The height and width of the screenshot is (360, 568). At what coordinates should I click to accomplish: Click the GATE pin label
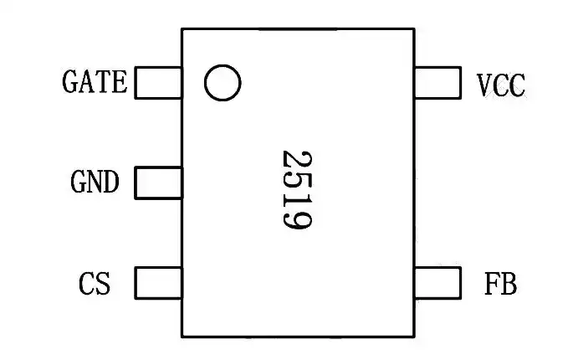pyautogui.click(x=95, y=83)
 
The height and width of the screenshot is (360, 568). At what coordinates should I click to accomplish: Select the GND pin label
pyautogui.click(x=95, y=183)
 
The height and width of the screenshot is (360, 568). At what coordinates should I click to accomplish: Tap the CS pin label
pyautogui.click(x=95, y=284)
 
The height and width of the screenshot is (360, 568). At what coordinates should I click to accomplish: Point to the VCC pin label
pyautogui.click(x=501, y=85)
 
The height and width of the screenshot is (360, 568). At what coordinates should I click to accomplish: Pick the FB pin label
pyautogui.click(x=500, y=284)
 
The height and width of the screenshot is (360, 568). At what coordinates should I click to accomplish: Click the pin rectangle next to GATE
pyautogui.click(x=159, y=83)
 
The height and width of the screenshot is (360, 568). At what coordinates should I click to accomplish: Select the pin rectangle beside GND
pyautogui.click(x=159, y=183)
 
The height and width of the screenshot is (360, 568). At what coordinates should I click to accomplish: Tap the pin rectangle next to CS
pyautogui.click(x=159, y=283)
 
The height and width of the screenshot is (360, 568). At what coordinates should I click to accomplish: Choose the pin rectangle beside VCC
pyautogui.click(x=438, y=83)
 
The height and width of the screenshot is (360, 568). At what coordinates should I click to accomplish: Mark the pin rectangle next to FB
pyautogui.click(x=438, y=283)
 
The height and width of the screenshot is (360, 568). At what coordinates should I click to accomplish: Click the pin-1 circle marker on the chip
pyautogui.click(x=223, y=83)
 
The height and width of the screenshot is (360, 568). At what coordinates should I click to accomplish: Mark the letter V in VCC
pyautogui.click(x=484, y=85)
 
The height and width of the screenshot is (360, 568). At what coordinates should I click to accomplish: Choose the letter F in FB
pyautogui.click(x=492, y=284)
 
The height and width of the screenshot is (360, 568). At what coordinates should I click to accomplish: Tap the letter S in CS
pyautogui.click(x=102, y=284)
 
